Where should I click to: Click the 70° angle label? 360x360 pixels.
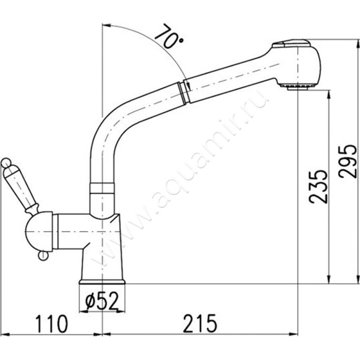point(170,36)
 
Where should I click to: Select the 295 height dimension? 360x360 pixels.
point(348,162)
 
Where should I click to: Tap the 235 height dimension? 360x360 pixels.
point(318,187)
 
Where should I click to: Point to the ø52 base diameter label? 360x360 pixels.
point(102,301)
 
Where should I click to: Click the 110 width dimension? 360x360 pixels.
point(52,324)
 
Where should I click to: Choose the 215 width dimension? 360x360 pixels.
point(200,324)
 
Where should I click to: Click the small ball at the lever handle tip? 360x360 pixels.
point(5,163)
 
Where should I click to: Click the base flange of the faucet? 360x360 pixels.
point(102,282)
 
